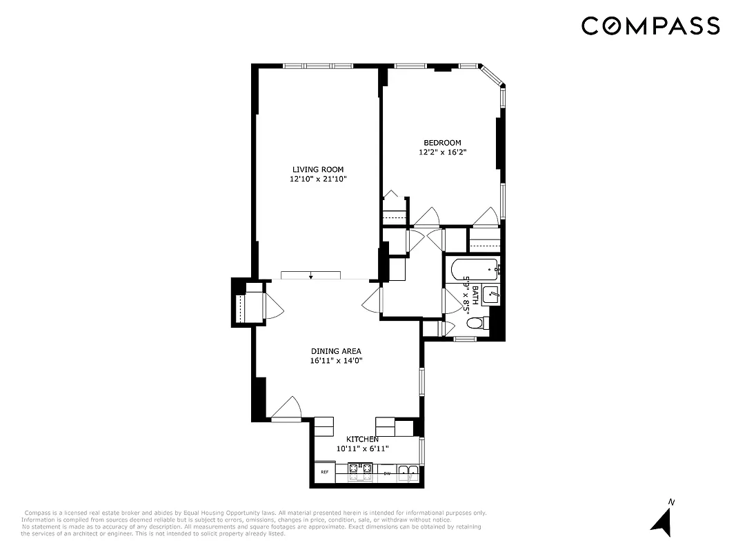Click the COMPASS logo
650,26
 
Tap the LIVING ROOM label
317,169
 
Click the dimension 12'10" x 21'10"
317,179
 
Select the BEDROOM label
442,143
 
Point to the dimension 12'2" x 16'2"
442,152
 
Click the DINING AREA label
336,351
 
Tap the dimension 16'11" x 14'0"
336,361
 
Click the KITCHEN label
362,440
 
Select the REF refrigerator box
324,473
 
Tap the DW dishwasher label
387,473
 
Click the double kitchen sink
408,473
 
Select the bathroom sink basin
490,295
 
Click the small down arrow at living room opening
311,277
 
